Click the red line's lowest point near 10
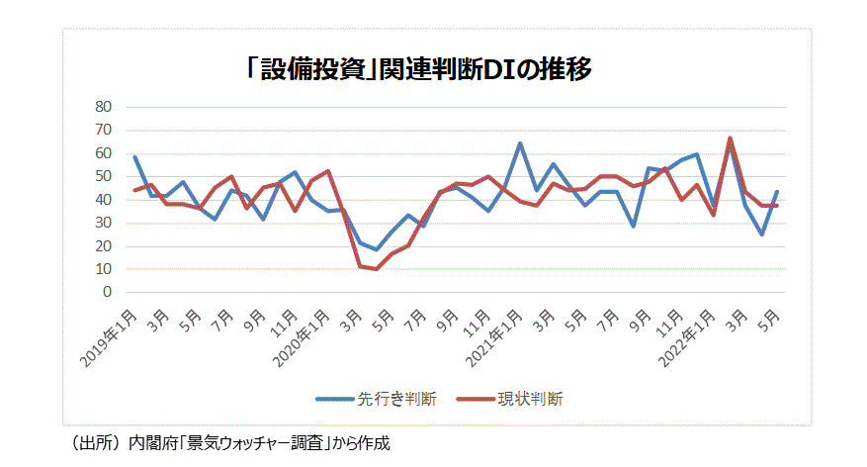376,269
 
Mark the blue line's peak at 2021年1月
520,143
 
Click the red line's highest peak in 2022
730,139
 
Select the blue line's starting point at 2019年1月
134,157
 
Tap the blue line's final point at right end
777,192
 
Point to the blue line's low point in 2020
376,249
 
